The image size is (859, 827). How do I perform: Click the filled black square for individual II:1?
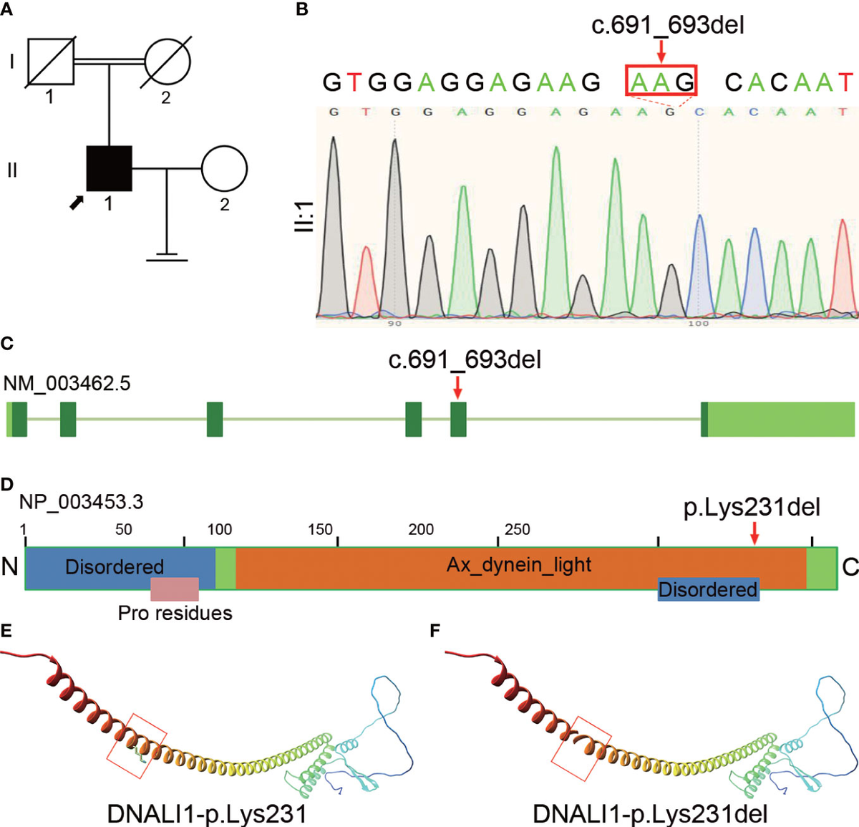point(109,168)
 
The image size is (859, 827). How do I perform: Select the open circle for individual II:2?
point(224,169)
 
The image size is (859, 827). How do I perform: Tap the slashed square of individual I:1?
point(50,62)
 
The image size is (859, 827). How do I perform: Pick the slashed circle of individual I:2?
point(168,62)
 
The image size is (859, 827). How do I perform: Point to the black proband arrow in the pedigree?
point(77,203)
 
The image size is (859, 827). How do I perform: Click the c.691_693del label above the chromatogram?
point(667,26)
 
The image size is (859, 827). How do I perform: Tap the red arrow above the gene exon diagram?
point(458,387)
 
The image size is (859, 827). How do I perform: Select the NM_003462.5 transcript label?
point(67,384)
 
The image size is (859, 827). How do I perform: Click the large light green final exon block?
point(780,419)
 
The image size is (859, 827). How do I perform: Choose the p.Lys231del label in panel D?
point(752,508)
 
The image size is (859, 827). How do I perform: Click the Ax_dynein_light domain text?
point(519,565)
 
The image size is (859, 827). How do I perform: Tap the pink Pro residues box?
point(174,589)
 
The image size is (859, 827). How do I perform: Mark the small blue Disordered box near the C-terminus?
point(708,589)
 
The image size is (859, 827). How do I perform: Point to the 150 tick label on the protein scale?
point(320,529)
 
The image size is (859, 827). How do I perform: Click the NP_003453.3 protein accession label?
point(81,502)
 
